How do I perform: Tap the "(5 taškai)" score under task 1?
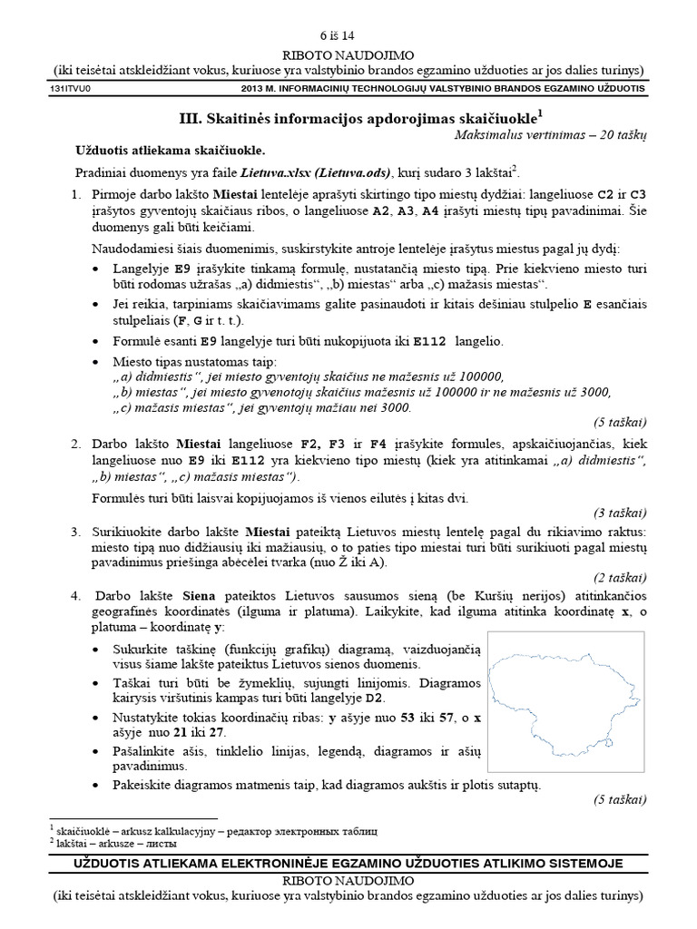pyautogui.click(x=619, y=423)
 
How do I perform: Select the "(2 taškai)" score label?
pyautogui.click(x=619, y=577)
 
